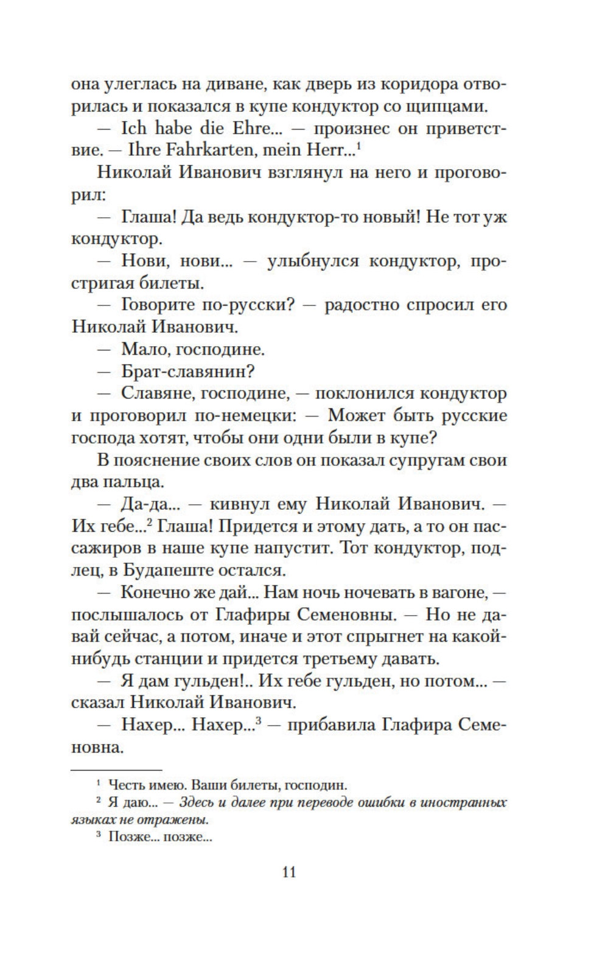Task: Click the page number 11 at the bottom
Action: (x=289, y=872)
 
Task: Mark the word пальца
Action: (x=128, y=482)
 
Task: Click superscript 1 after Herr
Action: (x=360, y=145)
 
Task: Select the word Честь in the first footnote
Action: (x=125, y=785)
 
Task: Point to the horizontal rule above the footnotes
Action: (x=116, y=769)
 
